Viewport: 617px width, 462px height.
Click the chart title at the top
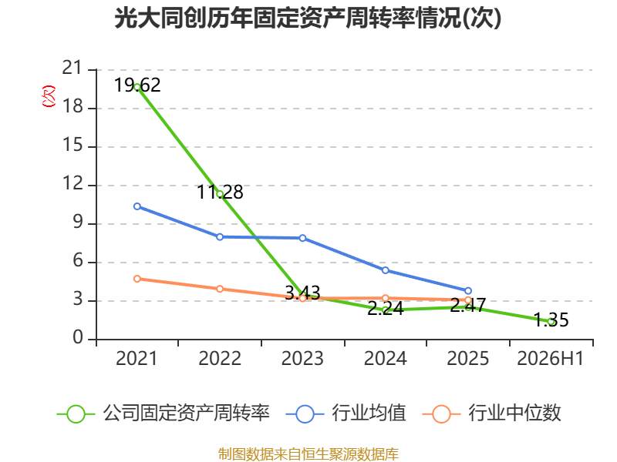(308, 18)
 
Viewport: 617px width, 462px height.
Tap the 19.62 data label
(137, 85)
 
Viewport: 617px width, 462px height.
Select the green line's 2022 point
(220, 194)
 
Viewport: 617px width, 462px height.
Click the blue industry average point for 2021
(137, 206)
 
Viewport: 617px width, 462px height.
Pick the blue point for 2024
(385, 270)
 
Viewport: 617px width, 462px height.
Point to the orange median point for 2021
(137, 279)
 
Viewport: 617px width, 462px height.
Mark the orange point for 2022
(220, 289)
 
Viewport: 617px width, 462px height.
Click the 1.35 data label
(551, 320)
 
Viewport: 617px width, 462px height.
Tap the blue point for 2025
(468, 291)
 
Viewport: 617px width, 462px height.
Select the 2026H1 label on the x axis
(550, 358)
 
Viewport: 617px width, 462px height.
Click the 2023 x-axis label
(302, 358)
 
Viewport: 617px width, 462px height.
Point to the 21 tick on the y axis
(72, 68)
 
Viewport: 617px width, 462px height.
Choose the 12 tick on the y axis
(72, 183)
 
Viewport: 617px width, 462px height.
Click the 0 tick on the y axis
(78, 337)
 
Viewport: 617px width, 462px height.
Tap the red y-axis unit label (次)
(49, 95)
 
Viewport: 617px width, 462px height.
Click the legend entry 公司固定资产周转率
(164, 413)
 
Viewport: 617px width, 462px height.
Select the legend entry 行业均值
(346, 413)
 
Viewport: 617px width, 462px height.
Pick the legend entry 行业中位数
(491, 413)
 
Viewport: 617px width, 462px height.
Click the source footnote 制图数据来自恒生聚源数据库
(308, 454)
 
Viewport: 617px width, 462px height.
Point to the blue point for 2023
(302, 238)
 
